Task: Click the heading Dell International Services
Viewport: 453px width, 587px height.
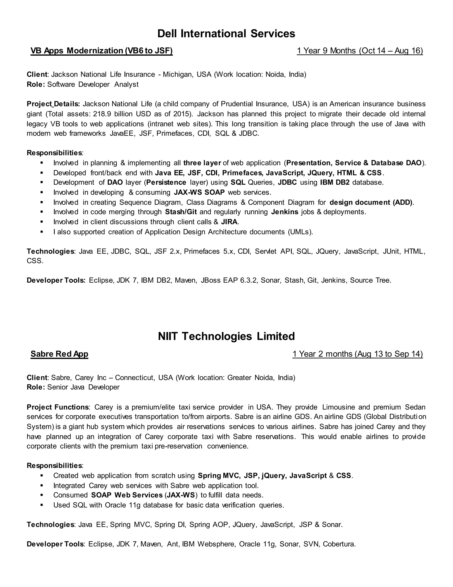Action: coord(226,34)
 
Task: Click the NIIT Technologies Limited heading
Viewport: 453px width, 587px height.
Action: coord(226,336)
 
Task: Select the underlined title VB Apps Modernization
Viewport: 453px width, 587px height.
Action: coord(102,51)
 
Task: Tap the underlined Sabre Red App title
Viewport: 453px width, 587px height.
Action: coord(59,354)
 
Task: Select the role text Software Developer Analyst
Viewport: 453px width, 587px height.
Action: coord(93,84)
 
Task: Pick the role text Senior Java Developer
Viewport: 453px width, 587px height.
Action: coord(83,387)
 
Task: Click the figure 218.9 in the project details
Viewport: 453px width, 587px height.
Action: coord(102,114)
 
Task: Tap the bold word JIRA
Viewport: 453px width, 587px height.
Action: coord(229,222)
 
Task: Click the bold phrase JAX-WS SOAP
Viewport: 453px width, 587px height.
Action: coord(199,192)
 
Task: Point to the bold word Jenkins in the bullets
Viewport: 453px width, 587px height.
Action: coord(284,212)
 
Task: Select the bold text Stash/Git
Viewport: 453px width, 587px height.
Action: coord(181,212)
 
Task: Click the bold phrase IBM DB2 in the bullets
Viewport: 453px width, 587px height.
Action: coord(335,183)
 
